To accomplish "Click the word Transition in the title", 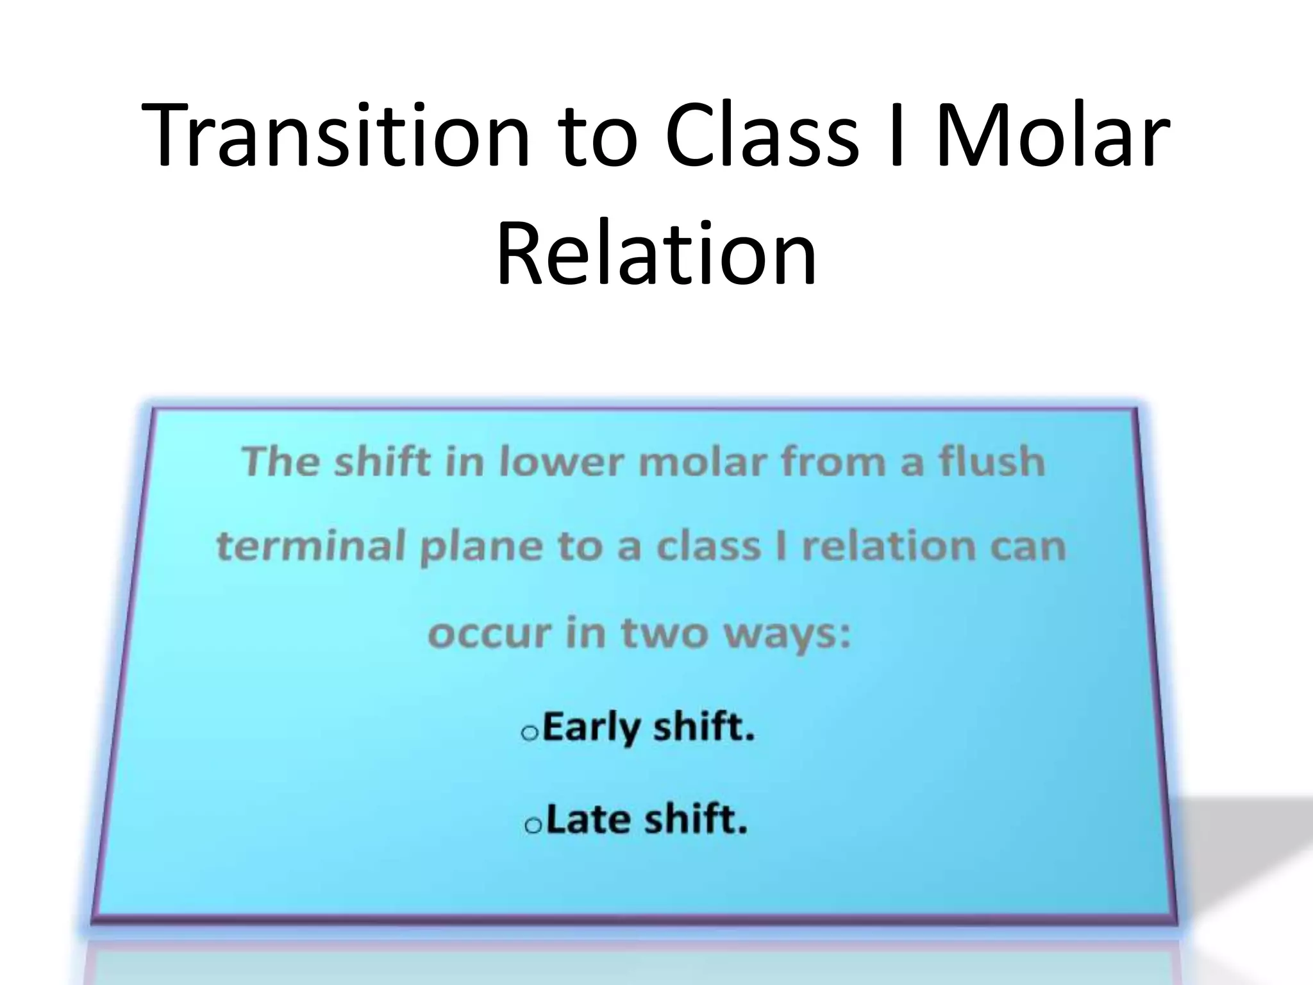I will (335, 136).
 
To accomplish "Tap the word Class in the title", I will (761, 136).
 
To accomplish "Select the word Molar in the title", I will (1051, 136).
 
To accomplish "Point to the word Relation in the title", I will (656, 253).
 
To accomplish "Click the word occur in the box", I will (490, 634).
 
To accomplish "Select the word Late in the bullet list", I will (589, 820).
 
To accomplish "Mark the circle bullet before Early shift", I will (530, 733).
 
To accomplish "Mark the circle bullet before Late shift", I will (532, 825).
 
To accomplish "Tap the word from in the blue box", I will (835, 462).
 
